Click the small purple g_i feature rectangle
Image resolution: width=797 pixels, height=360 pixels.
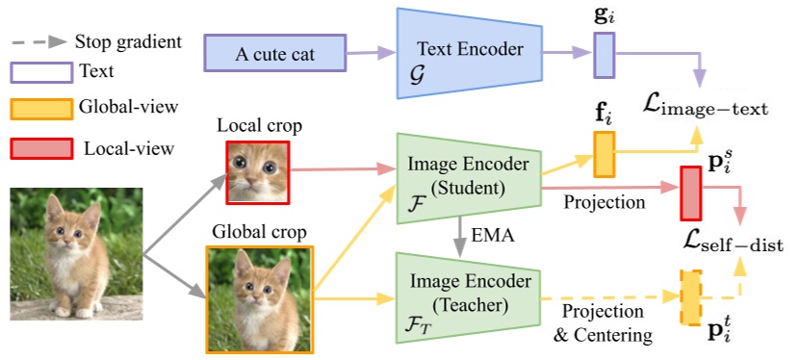coord(604,54)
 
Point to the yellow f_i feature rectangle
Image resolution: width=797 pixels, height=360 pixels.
coord(604,155)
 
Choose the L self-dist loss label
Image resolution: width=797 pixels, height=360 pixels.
coord(719,237)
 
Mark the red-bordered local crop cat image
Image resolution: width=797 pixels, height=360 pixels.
coord(257,173)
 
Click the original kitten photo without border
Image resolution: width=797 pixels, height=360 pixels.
coord(76,252)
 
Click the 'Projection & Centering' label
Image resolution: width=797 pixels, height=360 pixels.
coord(603,323)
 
